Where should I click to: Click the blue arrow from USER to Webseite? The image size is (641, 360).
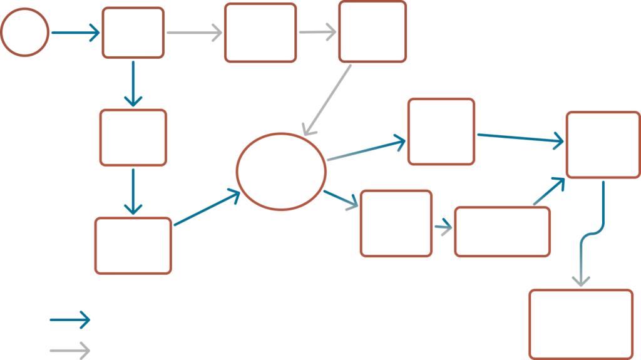(75, 32)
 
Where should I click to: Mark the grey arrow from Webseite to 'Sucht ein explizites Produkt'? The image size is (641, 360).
(194, 33)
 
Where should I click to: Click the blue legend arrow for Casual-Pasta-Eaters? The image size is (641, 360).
(70, 320)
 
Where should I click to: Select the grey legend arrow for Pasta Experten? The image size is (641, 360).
(70, 351)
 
